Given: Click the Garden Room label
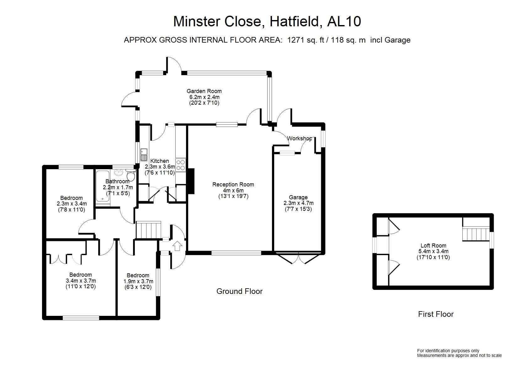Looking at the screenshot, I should click(x=204, y=91).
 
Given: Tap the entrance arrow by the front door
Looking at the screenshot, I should click(x=177, y=246).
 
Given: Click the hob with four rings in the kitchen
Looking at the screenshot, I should click(x=181, y=165).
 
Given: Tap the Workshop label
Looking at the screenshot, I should click(x=299, y=138).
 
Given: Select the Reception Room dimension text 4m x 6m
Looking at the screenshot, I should click(x=233, y=191).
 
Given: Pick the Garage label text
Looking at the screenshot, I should click(x=298, y=197).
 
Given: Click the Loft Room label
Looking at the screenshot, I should click(x=433, y=246).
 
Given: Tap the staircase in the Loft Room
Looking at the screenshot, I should click(x=476, y=234).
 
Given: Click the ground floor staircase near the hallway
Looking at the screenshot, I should click(x=148, y=230).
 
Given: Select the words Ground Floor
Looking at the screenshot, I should click(x=239, y=291).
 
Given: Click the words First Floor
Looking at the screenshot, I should click(x=436, y=314).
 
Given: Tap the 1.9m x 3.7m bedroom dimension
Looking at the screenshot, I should click(x=138, y=281).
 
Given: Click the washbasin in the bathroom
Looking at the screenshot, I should click(x=119, y=172).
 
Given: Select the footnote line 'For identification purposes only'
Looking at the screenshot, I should click(x=448, y=351).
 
